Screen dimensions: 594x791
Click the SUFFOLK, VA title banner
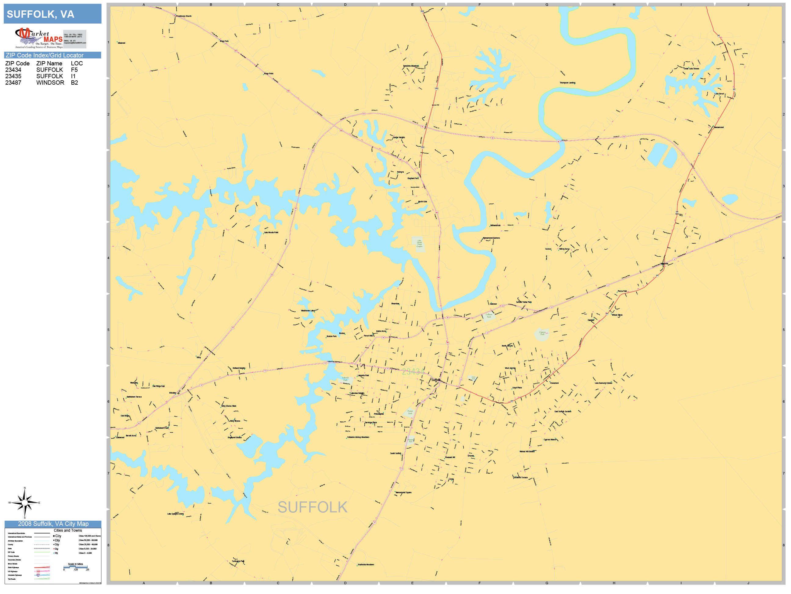pyautogui.click(x=52, y=14)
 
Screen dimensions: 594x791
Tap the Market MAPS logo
pyautogui.click(x=39, y=38)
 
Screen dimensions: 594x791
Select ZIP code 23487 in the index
pyautogui.click(x=13, y=83)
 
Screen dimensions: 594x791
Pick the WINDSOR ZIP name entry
pyautogui.click(x=50, y=83)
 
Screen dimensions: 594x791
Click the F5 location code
pyautogui.click(x=74, y=70)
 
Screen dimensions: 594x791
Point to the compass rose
pyautogui.click(x=24, y=503)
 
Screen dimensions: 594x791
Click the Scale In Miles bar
pyautogui.click(x=75, y=567)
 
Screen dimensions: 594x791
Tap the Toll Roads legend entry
pyautogui.click(x=12, y=579)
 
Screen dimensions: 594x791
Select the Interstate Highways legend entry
pyautogui.click(x=15, y=575)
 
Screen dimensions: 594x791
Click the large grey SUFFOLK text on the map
pyautogui.click(x=312, y=507)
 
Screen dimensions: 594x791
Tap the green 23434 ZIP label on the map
pyautogui.click(x=413, y=371)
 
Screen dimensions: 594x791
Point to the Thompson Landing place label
pyautogui.click(x=568, y=83)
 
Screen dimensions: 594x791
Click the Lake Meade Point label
pyautogui.click(x=271, y=232)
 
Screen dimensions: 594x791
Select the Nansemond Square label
pyautogui.click(x=403, y=492)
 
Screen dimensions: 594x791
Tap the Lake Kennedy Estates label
pyautogui.click(x=604, y=383)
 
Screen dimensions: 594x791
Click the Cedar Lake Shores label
pyautogui.click(x=691, y=69)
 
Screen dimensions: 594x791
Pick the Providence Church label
pyautogui.click(x=184, y=16)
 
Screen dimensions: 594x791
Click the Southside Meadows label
pyautogui.click(x=366, y=565)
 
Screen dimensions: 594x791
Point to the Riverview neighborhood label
pyautogui.click(x=395, y=304)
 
